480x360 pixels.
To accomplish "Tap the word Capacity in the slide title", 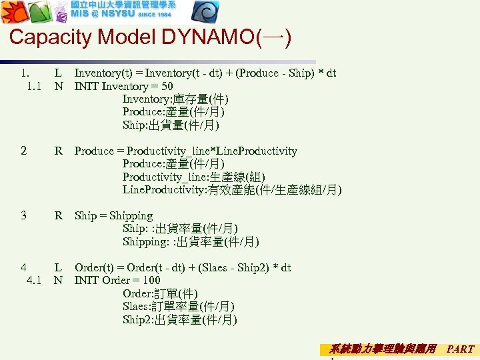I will (x=51, y=37).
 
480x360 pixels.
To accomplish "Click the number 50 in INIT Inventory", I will (x=167, y=86).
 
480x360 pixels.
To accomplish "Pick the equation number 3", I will (x=23, y=215).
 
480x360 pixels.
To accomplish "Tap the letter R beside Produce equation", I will (x=59, y=151).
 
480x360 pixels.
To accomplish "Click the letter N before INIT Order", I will (x=59, y=280).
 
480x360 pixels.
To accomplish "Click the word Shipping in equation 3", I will (x=131, y=215).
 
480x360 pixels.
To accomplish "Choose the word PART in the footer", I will (x=460, y=349).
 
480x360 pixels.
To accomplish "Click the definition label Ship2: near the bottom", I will (x=138, y=319).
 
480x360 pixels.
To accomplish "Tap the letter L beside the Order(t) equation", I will (x=59, y=267).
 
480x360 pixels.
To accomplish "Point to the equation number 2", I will (x=23, y=151).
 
